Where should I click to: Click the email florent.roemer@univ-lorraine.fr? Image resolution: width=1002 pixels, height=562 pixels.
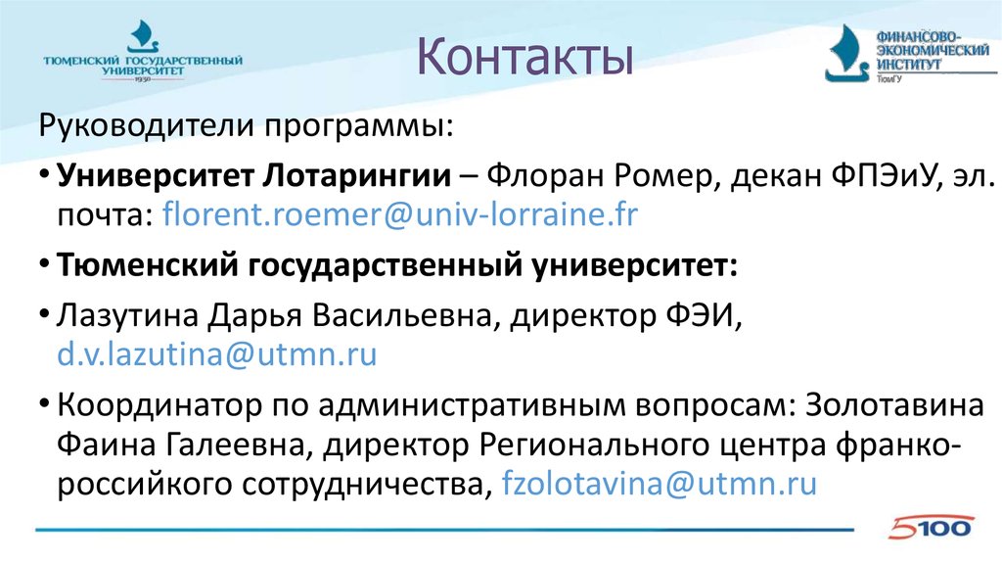[x=400, y=214]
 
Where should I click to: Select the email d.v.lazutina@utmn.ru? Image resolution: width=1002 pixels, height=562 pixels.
[x=216, y=353]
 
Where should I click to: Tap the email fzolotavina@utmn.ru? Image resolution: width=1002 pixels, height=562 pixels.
[x=659, y=485]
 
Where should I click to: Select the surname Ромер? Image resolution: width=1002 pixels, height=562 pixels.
[x=631, y=175]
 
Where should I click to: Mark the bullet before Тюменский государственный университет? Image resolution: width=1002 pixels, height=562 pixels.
[x=46, y=265]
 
